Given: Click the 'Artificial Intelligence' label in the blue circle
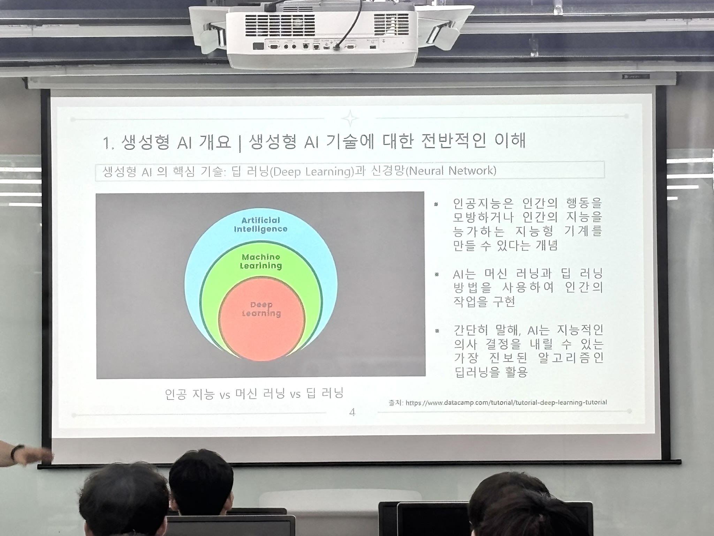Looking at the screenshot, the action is (x=261, y=225).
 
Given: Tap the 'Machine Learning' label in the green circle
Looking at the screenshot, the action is (x=261, y=261).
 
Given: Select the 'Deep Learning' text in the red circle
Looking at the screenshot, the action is (x=261, y=309).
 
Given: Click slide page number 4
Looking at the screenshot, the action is (x=352, y=412).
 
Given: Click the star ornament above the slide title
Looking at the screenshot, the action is (x=350, y=118).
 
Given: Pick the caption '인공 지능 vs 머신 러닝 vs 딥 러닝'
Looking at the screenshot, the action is (x=255, y=394).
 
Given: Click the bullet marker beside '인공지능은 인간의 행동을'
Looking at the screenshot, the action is (x=436, y=204).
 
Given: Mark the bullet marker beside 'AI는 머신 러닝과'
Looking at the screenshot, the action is (x=436, y=275).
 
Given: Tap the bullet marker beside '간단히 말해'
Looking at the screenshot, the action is (x=437, y=331).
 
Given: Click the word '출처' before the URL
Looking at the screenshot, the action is (x=396, y=403).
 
